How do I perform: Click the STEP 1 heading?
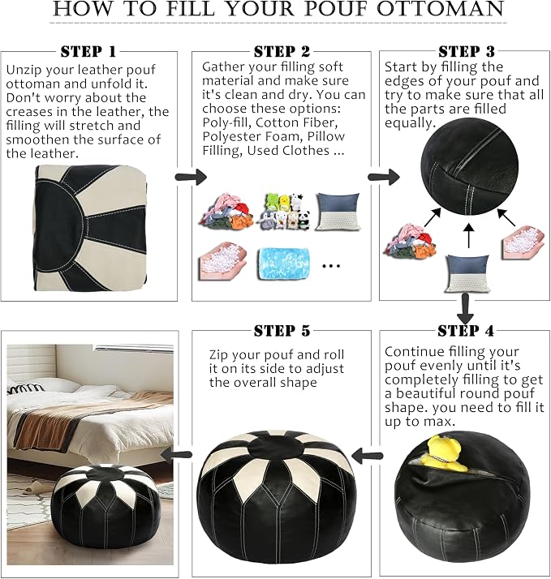[88, 51]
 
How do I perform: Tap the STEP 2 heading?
[282, 51]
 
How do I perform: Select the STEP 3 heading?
[467, 51]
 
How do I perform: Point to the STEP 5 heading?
[282, 331]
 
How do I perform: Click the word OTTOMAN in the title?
[440, 9]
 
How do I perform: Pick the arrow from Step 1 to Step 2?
[191, 177]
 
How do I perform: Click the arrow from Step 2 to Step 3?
[384, 177]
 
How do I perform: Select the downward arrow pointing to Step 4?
[465, 309]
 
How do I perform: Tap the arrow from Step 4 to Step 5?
[368, 456]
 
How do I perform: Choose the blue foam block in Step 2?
[283, 264]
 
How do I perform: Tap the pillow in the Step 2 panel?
[338, 212]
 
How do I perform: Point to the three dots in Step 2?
[331, 265]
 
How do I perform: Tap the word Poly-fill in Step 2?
[226, 122]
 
